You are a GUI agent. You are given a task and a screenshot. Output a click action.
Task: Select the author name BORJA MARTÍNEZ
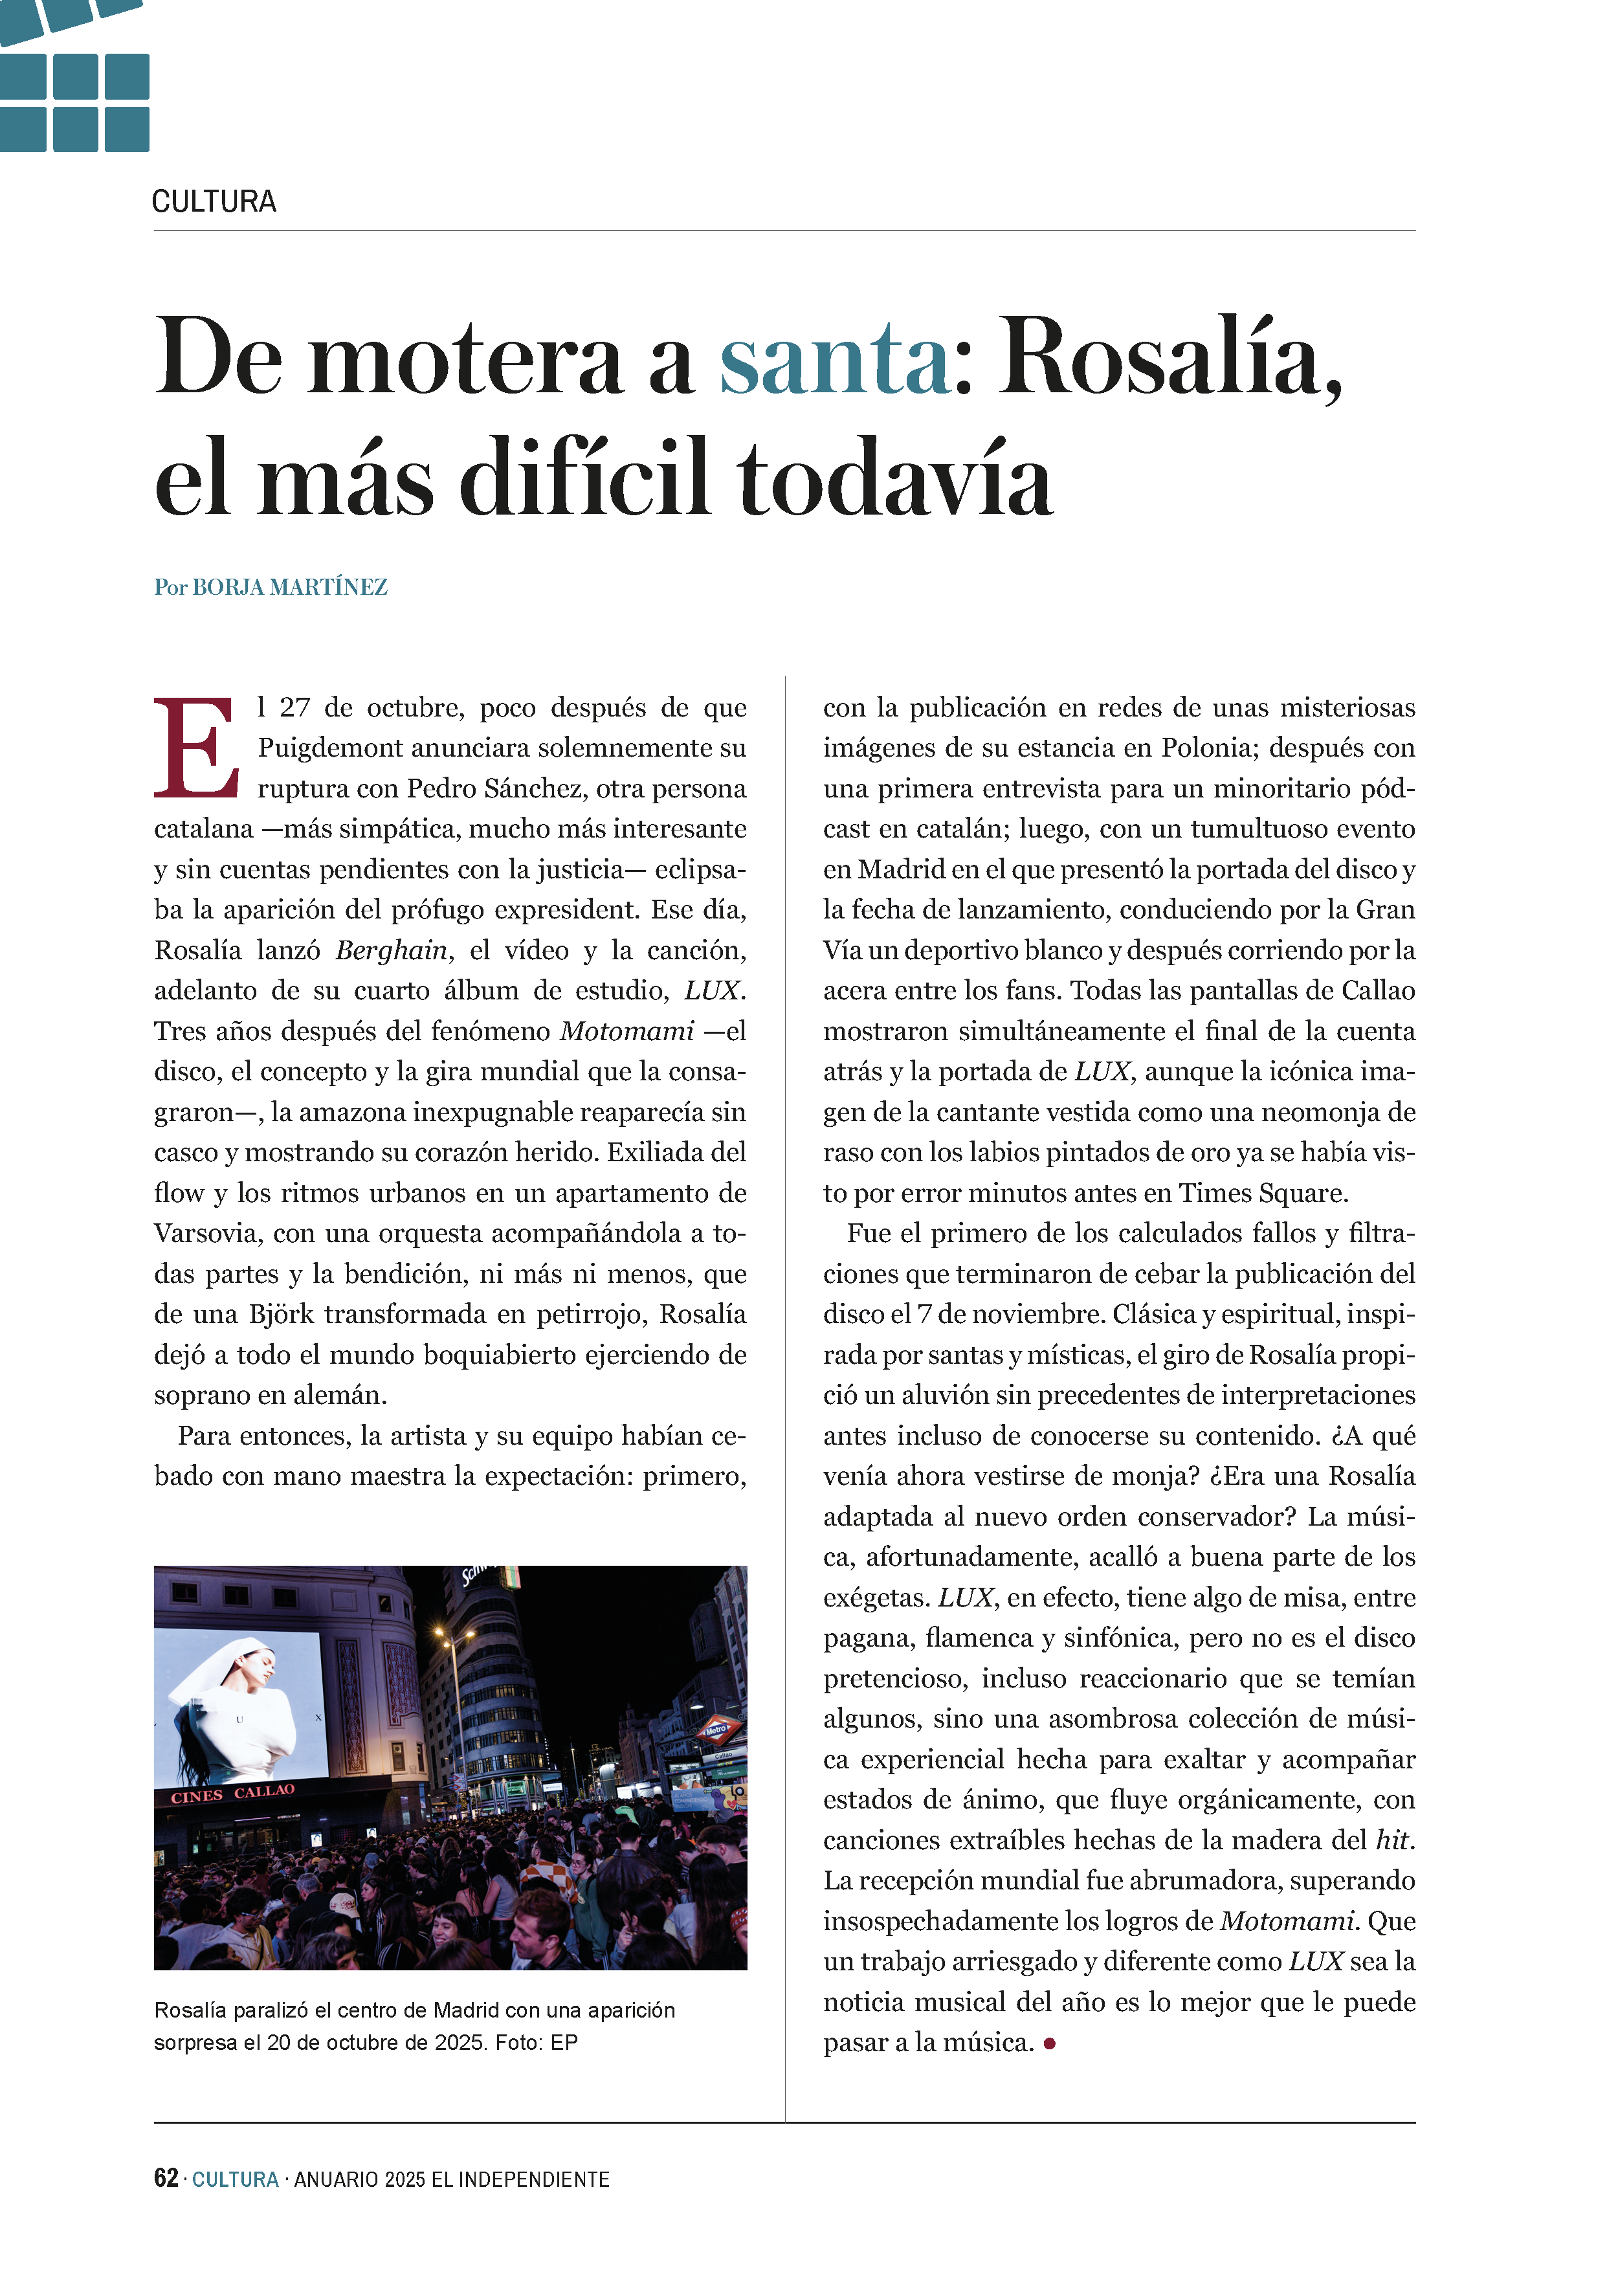[x=289, y=588]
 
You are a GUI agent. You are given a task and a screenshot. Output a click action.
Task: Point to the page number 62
[x=165, y=2178]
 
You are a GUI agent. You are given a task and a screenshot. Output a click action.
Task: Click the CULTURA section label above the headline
[x=214, y=202]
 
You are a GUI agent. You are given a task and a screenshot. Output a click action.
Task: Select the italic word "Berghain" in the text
[x=392, y=951]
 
